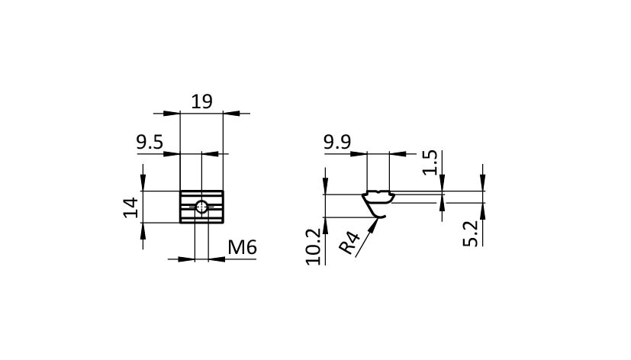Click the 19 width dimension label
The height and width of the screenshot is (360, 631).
coord(201,101)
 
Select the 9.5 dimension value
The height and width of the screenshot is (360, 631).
coord(150,143)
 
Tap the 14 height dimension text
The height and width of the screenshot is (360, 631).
coord(130,207)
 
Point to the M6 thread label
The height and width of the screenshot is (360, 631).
coord(243,247)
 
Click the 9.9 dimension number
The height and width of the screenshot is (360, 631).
coord(337,142)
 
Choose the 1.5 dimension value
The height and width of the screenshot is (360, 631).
coord(430,162)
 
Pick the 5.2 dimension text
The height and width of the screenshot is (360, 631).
coord(470,233)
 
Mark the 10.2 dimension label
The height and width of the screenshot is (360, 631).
coord(314,246)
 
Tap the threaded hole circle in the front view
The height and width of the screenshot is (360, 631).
coord(201,207)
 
